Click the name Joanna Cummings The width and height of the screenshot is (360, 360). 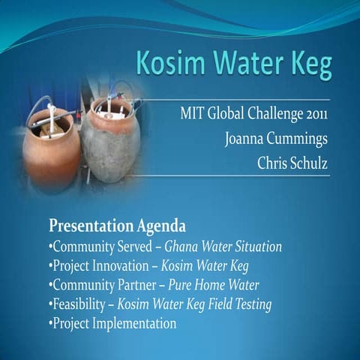tap(277, 139)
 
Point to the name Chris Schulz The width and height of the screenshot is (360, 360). tap(293, 163)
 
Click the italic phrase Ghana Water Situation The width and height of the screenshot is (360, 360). tap(223, 246)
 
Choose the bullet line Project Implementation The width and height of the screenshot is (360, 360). tap(113, 324)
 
